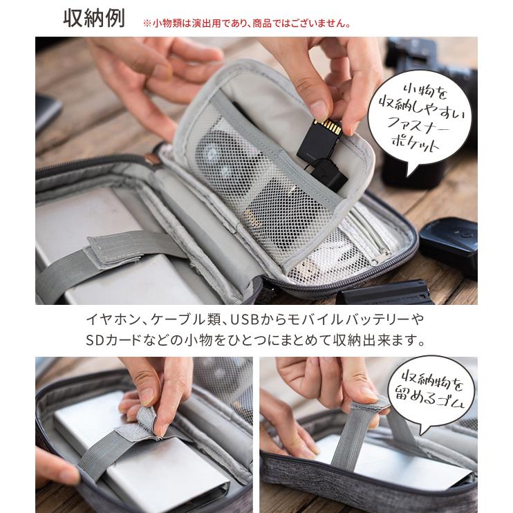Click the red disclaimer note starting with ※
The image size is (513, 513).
(x=246, y=22)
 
